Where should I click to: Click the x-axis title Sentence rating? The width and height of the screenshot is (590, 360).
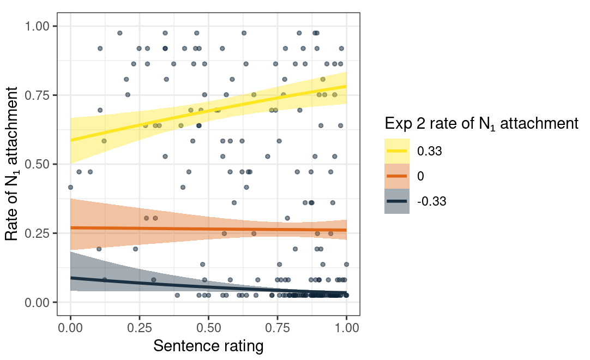208,346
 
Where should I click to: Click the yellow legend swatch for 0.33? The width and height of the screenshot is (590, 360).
397,151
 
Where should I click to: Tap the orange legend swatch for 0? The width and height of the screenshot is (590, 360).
397,176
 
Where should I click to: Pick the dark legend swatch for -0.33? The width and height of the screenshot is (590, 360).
397,201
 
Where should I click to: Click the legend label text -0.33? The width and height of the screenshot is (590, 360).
432,201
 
